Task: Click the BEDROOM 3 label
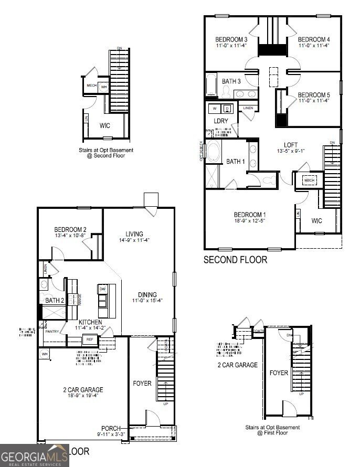click(231, 39)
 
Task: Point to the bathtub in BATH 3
click(210, 86)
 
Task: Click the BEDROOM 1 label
click(250, 215)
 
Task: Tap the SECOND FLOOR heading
click(235, 259)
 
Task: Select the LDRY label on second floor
click(220, 121)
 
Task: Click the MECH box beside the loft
click(309, 181)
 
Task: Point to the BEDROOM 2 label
click(70, 229)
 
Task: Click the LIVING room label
click(134, 234)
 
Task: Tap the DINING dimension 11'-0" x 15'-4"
click(148, 301)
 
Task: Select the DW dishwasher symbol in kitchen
click(103, 289)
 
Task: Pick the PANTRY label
click(52, 332)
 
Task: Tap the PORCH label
click(111, 428)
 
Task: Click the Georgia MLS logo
click(35, 455)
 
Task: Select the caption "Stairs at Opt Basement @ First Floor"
click(273, 430)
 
